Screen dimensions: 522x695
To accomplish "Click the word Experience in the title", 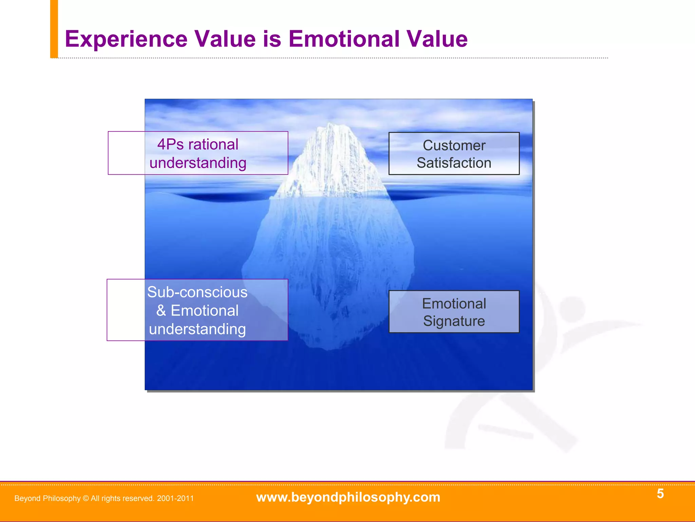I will (x=126, y=39).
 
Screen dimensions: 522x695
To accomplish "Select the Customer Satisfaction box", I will (x=454, y=154).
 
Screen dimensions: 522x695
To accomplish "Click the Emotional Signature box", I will (x=454, y=312).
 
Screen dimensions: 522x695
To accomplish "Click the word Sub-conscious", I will (x=197, y=292).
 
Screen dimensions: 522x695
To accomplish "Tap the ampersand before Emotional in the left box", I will (x=161, y=311).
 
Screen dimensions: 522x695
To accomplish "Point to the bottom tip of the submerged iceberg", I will (x=327, y=348).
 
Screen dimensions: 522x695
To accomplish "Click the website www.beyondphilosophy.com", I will (x=348, y=497).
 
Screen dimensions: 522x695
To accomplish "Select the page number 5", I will (x=660, y=493).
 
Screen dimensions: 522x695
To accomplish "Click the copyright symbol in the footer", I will (x=86, y=499).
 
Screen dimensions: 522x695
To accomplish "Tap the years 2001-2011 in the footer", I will (x=175, y=499).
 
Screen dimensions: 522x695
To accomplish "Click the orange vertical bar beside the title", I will (x=54, y=29).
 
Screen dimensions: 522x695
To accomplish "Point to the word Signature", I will (x=454, y=321).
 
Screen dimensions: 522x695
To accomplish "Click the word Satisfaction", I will (x=454, y=163).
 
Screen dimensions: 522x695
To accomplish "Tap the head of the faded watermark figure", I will (x=572, y=309).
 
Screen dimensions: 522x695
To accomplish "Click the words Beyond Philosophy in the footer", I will (x=48, y=499).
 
